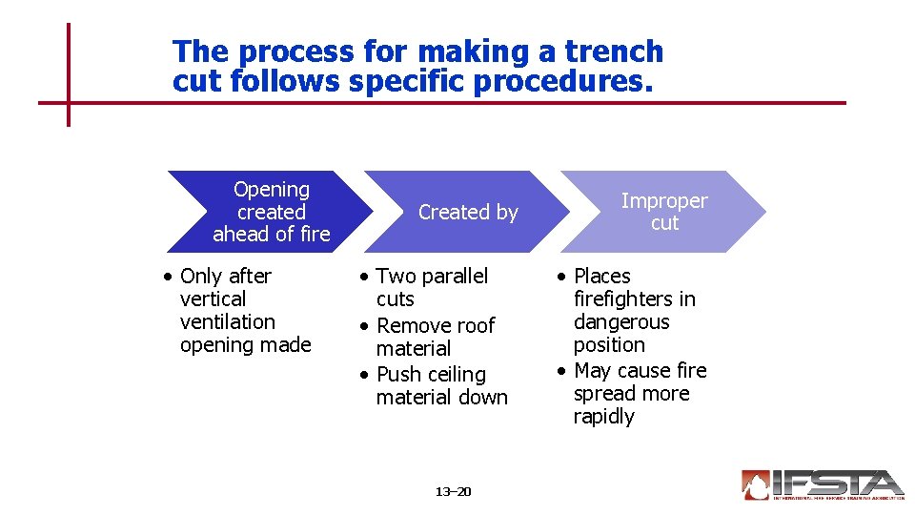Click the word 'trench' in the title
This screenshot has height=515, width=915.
pyautogui.click(x=614, y=51)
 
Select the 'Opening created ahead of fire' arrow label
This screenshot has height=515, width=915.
pyautogui.click(x=272, y=212)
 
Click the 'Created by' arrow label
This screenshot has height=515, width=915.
pyautogui.click(x=468, y=213)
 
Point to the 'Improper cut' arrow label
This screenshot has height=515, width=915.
pyautogui.click(x=664, y=212)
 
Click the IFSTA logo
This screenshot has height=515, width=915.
pyautogui.click(x=822, y=484)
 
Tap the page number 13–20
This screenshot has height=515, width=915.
pyautogui.click(x=453, y=492)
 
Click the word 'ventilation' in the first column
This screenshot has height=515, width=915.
pyautogui.click(x=227, y=322)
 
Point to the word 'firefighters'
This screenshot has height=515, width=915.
pyautogui.click(x=634, y=299)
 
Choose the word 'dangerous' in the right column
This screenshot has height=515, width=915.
pyautogui.click(x=621, y=322)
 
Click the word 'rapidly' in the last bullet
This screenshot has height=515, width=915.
pyautogui.click(x=603, y=417)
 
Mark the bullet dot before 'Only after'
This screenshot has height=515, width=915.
pyautogui.click(x=167, y=277)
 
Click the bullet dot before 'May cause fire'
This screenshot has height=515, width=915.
pyautogui.click(x=562, y=371)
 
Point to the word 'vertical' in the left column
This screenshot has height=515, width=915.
pyautogui.click(x=213, y=299)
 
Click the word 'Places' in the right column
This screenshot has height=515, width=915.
pyautogui.click(x=601, y=277)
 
